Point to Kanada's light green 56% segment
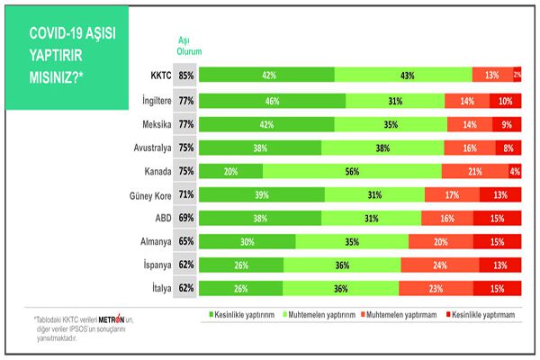[x=352, y=170]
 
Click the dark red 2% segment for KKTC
[x=517, y=76]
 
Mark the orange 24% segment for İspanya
[x=439, y=265]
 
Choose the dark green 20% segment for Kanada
[x=230, y=170]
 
